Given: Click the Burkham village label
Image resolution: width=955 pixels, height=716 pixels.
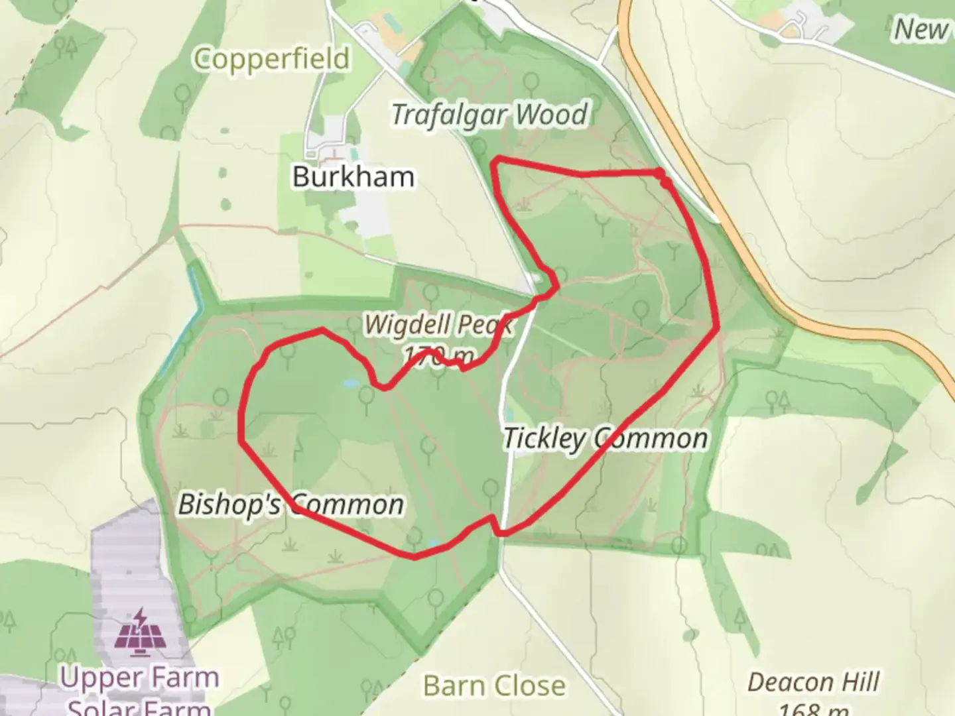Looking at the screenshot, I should pos(353,176).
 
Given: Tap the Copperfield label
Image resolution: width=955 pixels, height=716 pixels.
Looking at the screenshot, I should pos(272,58).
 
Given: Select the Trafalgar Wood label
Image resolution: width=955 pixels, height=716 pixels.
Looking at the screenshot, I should pos(489,115).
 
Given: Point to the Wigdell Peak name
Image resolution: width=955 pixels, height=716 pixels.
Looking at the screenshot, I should pos(438,325).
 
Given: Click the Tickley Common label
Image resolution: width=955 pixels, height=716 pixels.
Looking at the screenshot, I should pos(605,438).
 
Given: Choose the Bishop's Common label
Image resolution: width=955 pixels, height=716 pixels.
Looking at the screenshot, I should pos(290,505).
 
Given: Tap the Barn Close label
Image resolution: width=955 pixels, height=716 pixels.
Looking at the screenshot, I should pos(494,686).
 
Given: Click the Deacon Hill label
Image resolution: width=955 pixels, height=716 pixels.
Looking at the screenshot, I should pos(814,682).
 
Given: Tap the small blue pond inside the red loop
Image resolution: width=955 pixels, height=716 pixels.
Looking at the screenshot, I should pos(349,383).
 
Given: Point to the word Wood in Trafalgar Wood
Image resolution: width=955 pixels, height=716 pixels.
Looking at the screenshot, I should pos(552,115).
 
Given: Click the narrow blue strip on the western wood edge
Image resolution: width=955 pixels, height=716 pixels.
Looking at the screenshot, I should pos(194,292).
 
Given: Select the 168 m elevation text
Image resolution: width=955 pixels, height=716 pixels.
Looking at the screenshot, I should pos(814,709).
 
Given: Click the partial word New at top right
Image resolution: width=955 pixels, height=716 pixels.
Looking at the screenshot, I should pos(922,29).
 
